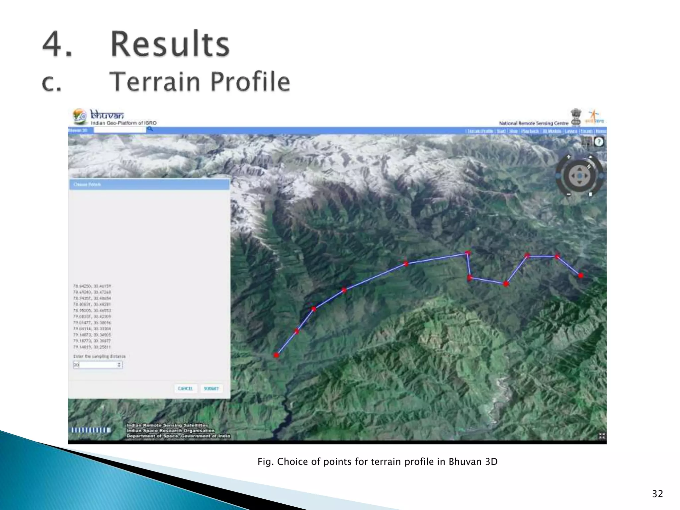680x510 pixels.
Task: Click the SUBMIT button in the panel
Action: click(x=212, y=388)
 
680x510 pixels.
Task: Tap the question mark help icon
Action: click(x=599, y=142)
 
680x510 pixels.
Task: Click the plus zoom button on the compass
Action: click(x=568, y=157)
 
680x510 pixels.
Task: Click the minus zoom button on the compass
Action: click(x=568, y=194)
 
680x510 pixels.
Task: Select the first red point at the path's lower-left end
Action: click(x=276, y=355)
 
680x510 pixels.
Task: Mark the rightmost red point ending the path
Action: click(x=580, y=276)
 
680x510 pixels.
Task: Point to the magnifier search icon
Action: click(x=150, y=129)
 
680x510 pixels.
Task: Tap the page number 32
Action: click(x=657, y=494)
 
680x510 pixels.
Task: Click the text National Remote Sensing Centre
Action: click(x=534, y=123)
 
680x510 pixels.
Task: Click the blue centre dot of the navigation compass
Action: click(x=579, y=176)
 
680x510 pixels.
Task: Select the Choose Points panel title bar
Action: click(x=149, y=184)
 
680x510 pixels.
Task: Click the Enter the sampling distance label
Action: click(x=100, y=356)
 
